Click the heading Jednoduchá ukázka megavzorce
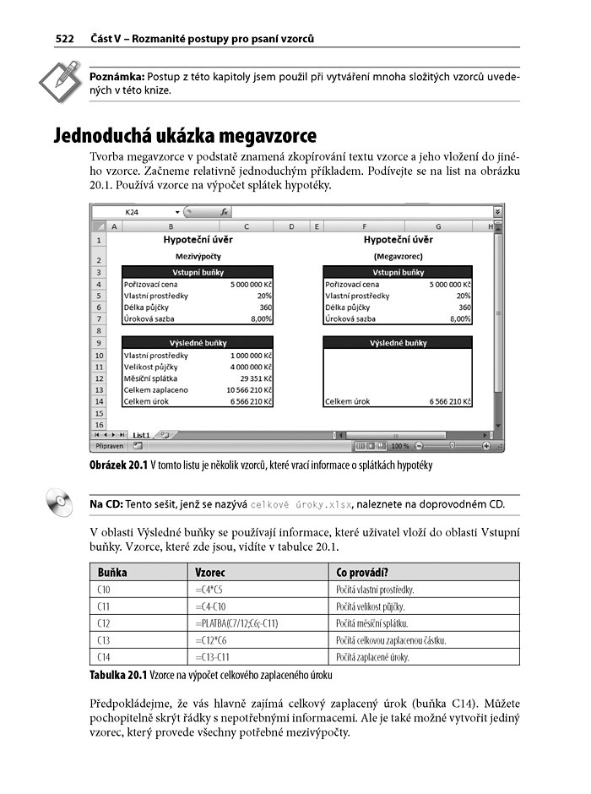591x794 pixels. tap(185, 135)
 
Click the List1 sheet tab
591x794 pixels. tap(141, 434)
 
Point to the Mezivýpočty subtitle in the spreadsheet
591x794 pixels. tap(198, 254)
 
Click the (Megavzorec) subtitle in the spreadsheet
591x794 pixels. tap(398, 254)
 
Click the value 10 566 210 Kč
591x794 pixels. tap(249, 390)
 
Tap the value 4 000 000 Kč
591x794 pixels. tap(251, 367)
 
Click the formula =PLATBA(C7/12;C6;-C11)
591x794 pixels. tap(237, 623)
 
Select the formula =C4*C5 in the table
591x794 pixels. tap(209, 590)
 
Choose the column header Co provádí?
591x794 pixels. tap(362, 572)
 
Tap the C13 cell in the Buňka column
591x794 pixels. tap(105, 640)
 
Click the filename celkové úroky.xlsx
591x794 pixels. tap(301, 505)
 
